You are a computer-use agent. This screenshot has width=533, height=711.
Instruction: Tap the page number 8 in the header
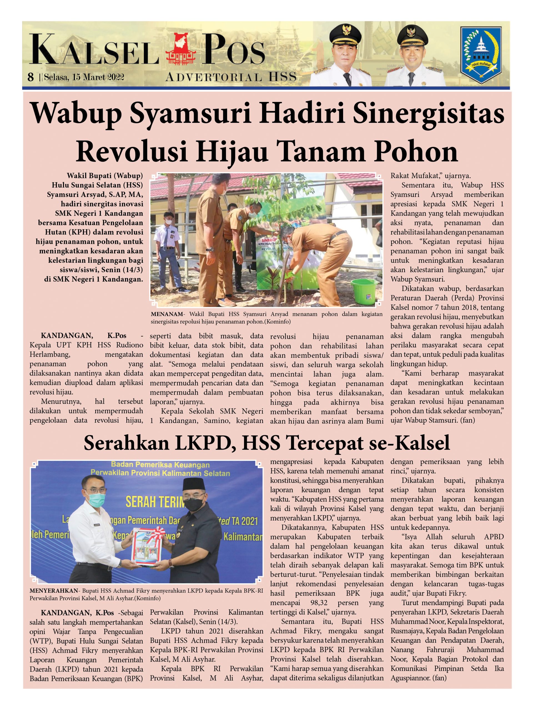[x=31, y=77]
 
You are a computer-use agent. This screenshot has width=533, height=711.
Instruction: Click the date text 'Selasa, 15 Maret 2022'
[x=84, y=77]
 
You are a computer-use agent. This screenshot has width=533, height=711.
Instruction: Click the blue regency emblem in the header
[x=481, y=55]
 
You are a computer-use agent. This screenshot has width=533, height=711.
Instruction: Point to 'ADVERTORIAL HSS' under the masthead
[x=231, y=77]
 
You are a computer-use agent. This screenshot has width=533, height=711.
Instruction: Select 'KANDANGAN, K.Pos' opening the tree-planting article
[x=84, y=336]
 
